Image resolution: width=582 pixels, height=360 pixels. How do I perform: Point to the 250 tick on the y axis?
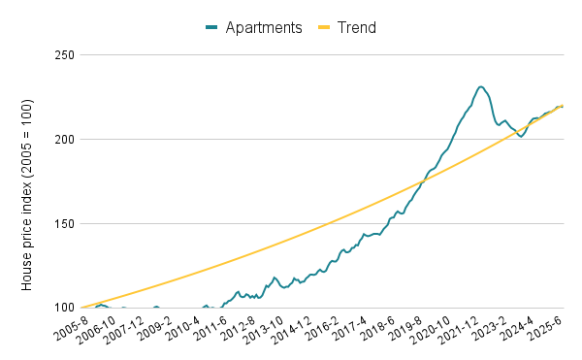(x=64, y=55)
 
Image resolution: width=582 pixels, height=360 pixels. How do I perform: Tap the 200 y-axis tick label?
(x=64, y=140)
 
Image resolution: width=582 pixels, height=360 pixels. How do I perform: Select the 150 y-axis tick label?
(x=64, y=224)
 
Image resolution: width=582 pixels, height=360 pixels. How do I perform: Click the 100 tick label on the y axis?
(x=64, y=309)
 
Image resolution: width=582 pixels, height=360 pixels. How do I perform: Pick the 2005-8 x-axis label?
(x=71, y=327)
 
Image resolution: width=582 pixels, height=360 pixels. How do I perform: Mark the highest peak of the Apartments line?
(x=481, y=86)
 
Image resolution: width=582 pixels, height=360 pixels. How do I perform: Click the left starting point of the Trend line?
(x=81, y=308)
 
